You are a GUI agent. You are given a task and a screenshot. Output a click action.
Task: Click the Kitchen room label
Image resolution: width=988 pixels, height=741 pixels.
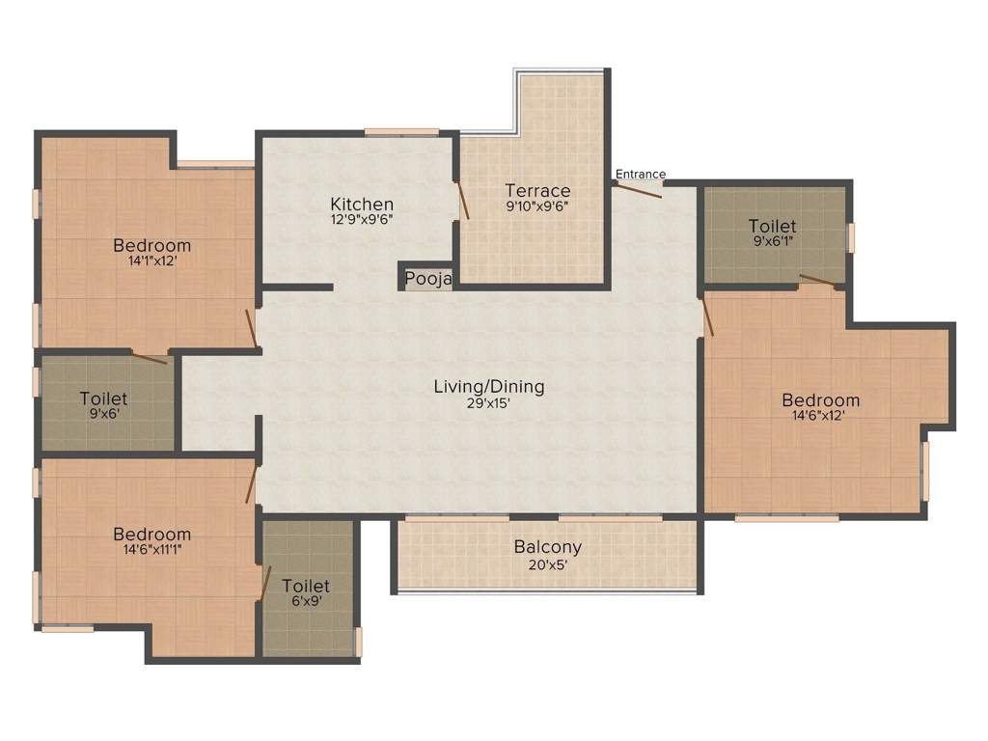(362, 204)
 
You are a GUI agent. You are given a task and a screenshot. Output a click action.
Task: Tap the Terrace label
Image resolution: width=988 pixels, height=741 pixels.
(537, 190)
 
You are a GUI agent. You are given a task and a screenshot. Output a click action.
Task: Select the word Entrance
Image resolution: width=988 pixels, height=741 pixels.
(641, 174)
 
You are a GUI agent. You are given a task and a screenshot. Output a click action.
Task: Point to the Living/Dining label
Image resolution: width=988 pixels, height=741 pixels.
(488, 386)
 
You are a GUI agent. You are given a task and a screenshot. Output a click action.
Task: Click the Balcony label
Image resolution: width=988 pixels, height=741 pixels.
(547, 546)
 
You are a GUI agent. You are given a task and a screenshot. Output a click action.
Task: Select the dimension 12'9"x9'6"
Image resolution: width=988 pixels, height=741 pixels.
(362, 220)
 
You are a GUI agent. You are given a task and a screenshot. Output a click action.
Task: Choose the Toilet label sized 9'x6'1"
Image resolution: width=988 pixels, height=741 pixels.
(772, 226)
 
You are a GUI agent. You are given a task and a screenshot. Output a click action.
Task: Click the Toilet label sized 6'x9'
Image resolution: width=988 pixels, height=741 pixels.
(306, 586)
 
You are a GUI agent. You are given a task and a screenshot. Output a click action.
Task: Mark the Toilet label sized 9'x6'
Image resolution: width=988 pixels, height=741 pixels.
(103, 398)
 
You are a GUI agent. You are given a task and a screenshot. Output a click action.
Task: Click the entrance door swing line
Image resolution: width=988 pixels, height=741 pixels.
(638, 190)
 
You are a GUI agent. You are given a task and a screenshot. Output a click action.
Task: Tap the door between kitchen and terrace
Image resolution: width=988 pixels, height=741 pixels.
(462, 202)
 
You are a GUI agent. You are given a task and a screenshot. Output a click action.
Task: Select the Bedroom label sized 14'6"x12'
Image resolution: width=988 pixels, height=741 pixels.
(820, 399)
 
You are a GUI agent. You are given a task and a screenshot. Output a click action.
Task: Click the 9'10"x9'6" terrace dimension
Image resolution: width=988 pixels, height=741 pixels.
(537, 206)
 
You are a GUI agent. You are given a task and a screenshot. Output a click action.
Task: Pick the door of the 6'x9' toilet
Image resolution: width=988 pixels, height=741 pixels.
(264, 582)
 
